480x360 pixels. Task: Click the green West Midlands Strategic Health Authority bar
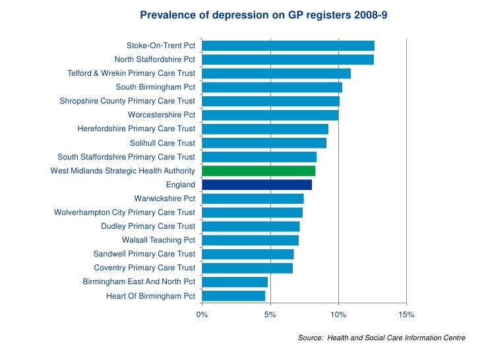pos(258,171)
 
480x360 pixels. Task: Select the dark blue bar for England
pos(256,185)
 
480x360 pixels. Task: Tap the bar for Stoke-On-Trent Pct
pos(288,45)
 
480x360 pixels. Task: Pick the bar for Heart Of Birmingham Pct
pos(233,296)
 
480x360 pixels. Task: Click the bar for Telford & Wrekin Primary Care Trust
pos(276,73)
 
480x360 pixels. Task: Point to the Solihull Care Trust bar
pos(264,143)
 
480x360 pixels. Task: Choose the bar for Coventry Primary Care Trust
pos(247,268)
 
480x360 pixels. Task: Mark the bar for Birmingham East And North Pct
pos(235,282)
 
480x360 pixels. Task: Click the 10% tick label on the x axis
pos(338,315)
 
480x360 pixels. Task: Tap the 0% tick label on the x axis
pos(202,315)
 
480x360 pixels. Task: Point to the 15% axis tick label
pos(406,315)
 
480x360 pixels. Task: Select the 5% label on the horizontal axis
pos(270,315)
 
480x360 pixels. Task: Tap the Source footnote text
pos(382,338)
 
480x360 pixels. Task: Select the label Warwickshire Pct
pos(164,198)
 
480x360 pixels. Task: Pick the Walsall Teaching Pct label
pos(158,240)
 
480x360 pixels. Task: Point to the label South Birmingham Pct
pos(155,87)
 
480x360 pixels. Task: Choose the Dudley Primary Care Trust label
pos(148,226)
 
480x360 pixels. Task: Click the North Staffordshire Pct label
pos(154,59)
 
